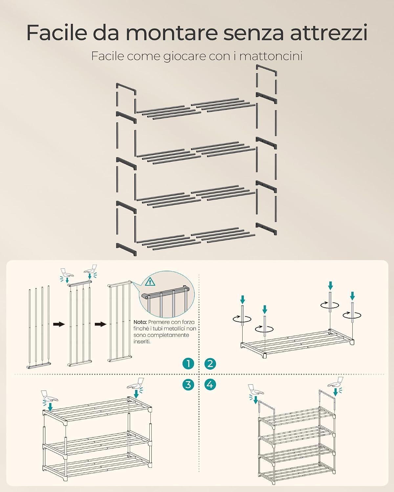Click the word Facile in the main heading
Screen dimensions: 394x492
pyautogui.click(x=57, y=32)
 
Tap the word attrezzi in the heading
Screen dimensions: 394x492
pyautogui.click(x=329, y=33)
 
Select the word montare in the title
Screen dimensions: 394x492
pyautogui.click(x=172, y=33)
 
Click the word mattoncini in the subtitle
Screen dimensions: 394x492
pyautogui.click(x=271, y=56)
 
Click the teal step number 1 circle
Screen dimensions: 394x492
pyautogui.click(x=188, y=363)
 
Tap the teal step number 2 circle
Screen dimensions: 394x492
pyautogui.click(x=210, y=363)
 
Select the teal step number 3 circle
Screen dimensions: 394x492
pyautogui.click(x=188, y=384)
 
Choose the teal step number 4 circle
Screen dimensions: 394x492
pyautogui.click(x=210, y=384)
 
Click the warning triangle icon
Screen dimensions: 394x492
pyautogui.click(x=150, y=281)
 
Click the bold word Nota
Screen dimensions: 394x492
pyautogui.click(x=140, y=322)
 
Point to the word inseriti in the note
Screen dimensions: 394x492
pyautogui.click(x=142, y=341)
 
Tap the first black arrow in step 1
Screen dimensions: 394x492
pyautogui.click(x=59, y=324)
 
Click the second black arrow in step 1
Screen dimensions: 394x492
pyautogui.click(x=100, y=324)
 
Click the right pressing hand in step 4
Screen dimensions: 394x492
pyautogui.click(x=336, y=382)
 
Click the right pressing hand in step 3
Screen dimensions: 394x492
pyautogui.click(x=136, y=383)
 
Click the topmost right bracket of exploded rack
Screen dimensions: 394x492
pyautogui.click(x=267, y=70)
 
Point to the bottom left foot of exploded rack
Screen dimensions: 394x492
pyautogui.click(x=126, y=249)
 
